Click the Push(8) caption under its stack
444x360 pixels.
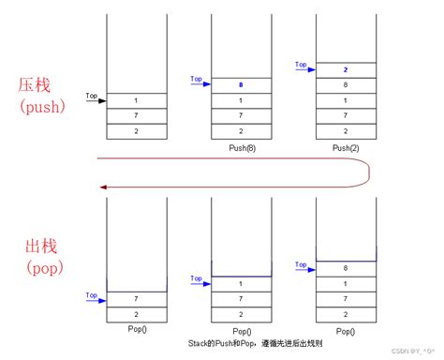[x=242, y=149]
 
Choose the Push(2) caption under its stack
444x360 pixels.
[x=347, y=149]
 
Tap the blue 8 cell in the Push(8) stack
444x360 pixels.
[x=242, y=83]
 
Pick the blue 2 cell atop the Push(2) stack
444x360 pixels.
[x=347, y=68]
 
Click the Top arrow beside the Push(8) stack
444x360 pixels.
[x=199, y=81]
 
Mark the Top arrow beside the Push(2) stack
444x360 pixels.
[x=303, y=66]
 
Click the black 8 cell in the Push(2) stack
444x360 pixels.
[x=347, y=84]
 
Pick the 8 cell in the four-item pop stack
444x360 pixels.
[x=347, y=267]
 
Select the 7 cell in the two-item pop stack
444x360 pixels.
[x=137, y=298]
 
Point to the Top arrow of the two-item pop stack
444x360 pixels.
[x=94, y=295]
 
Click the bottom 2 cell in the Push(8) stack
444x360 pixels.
[x=242, y=131]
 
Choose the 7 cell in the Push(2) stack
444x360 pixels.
[x=347, y=115]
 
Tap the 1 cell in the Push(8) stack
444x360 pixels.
[x=242, y=99]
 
